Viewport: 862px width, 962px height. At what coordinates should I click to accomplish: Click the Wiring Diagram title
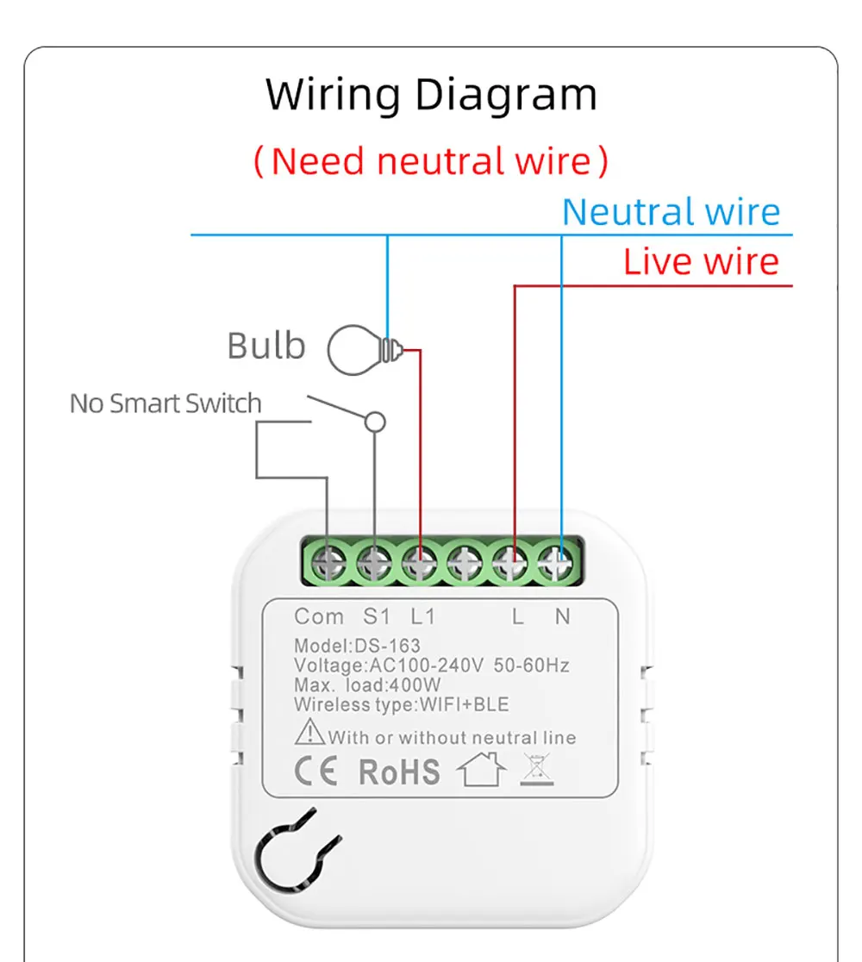pyautogui.click(x=431, y=95)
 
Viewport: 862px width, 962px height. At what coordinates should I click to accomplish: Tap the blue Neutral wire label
pyautogui.click(x=671, y=212)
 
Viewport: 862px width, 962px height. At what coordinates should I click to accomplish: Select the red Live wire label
pyautogui.click(x=702, y=261)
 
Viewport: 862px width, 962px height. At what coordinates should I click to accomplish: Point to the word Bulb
pyautogui.click(x=266, y=346)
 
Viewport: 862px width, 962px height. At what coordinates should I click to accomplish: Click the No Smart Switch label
pyautogui.click(x=166, y=403)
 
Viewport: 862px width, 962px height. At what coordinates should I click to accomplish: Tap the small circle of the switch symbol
pyautogui.click(x=375, y=422)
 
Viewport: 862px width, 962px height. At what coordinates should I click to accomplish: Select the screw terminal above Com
pyautogui.click(x=328, y=562)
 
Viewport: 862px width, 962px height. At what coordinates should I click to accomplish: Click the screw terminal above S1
pyautogui.click(x=374, y=562)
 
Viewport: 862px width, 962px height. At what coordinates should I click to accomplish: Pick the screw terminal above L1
pyautogui.click(x=420, y=562)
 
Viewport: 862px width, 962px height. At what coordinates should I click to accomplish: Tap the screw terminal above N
pyautogui.click(x=556, y=562)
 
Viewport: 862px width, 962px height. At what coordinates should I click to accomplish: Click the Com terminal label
pyautogui.click(x=319, y=616)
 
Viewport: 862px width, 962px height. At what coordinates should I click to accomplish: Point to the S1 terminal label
pyautogui.click(x=377, y=616)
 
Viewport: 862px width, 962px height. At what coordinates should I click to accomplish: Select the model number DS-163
pyautogui.click(x=388, y=646)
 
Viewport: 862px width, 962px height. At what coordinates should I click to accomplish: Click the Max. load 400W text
pyautogui.click(x=367, y=684)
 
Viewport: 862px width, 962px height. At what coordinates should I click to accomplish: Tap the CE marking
pyautogui.click(x=316, y=771)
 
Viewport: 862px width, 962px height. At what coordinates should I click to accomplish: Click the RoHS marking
pyautogui.click(x=399, y=771)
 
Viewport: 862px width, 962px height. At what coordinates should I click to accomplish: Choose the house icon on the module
pyautogui.click(x=482, y=769)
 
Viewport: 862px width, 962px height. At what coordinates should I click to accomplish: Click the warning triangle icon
pyautogui.click(x=309, y=732)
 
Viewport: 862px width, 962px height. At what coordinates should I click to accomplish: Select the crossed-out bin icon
pyautogui.click(x=537, y=770)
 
